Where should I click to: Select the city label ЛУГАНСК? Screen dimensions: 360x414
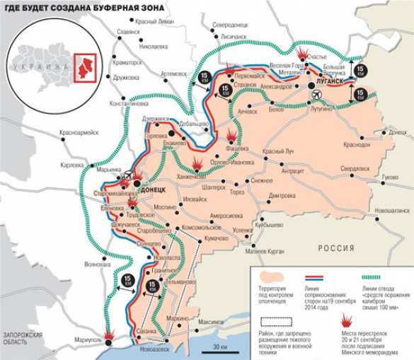(x=330, y=81)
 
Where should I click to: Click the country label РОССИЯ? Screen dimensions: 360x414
(x=335, y=248)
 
